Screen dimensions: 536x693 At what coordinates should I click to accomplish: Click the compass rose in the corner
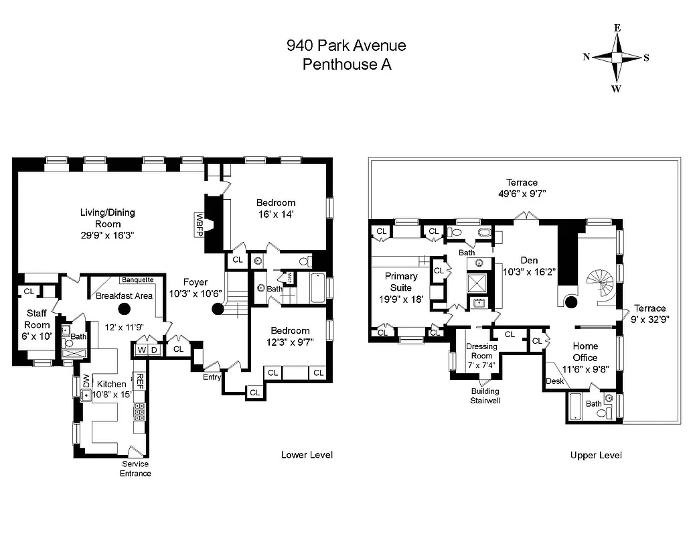point(616,58)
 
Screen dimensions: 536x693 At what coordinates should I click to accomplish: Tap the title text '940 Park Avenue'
point(346,46)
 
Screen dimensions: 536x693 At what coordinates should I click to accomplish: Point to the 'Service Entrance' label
point(136,468)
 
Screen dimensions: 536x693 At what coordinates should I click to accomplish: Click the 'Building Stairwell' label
point(485,395)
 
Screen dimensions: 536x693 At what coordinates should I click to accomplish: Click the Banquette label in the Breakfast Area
point(137,280)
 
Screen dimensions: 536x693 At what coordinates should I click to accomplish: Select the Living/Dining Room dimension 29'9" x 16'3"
point(108,235)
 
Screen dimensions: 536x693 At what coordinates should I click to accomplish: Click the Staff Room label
point(37,320)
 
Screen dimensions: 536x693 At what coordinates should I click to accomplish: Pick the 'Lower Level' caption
point(307,455)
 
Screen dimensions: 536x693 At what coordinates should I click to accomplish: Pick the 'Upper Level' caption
point(596,455)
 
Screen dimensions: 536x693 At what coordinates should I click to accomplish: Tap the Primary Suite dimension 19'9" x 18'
point(401,299)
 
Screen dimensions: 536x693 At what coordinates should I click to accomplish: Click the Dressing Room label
point(481,351)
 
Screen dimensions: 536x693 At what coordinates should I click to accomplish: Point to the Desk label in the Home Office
point(554,381)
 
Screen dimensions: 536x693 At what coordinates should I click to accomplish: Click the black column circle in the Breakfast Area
point(124,309)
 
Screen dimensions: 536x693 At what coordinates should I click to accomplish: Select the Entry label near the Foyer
point(213,377)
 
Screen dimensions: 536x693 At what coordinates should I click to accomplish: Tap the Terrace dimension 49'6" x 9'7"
point(522,194)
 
